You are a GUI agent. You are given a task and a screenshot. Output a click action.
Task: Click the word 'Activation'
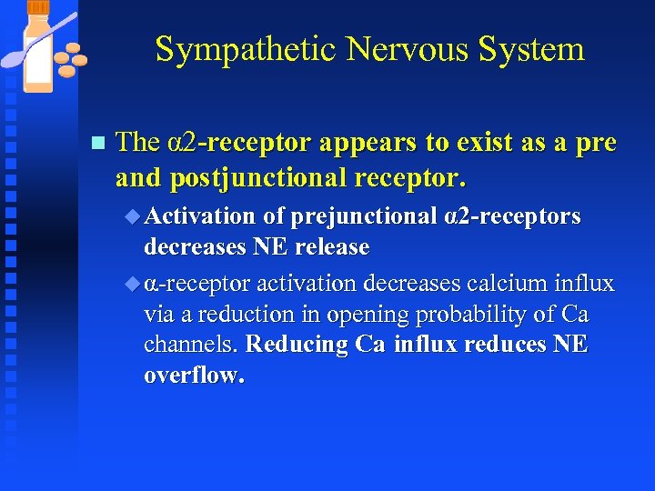(200, 216)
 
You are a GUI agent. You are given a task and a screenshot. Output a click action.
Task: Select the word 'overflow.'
(195, 376)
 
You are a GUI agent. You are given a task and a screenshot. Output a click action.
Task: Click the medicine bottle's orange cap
(38, 8)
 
